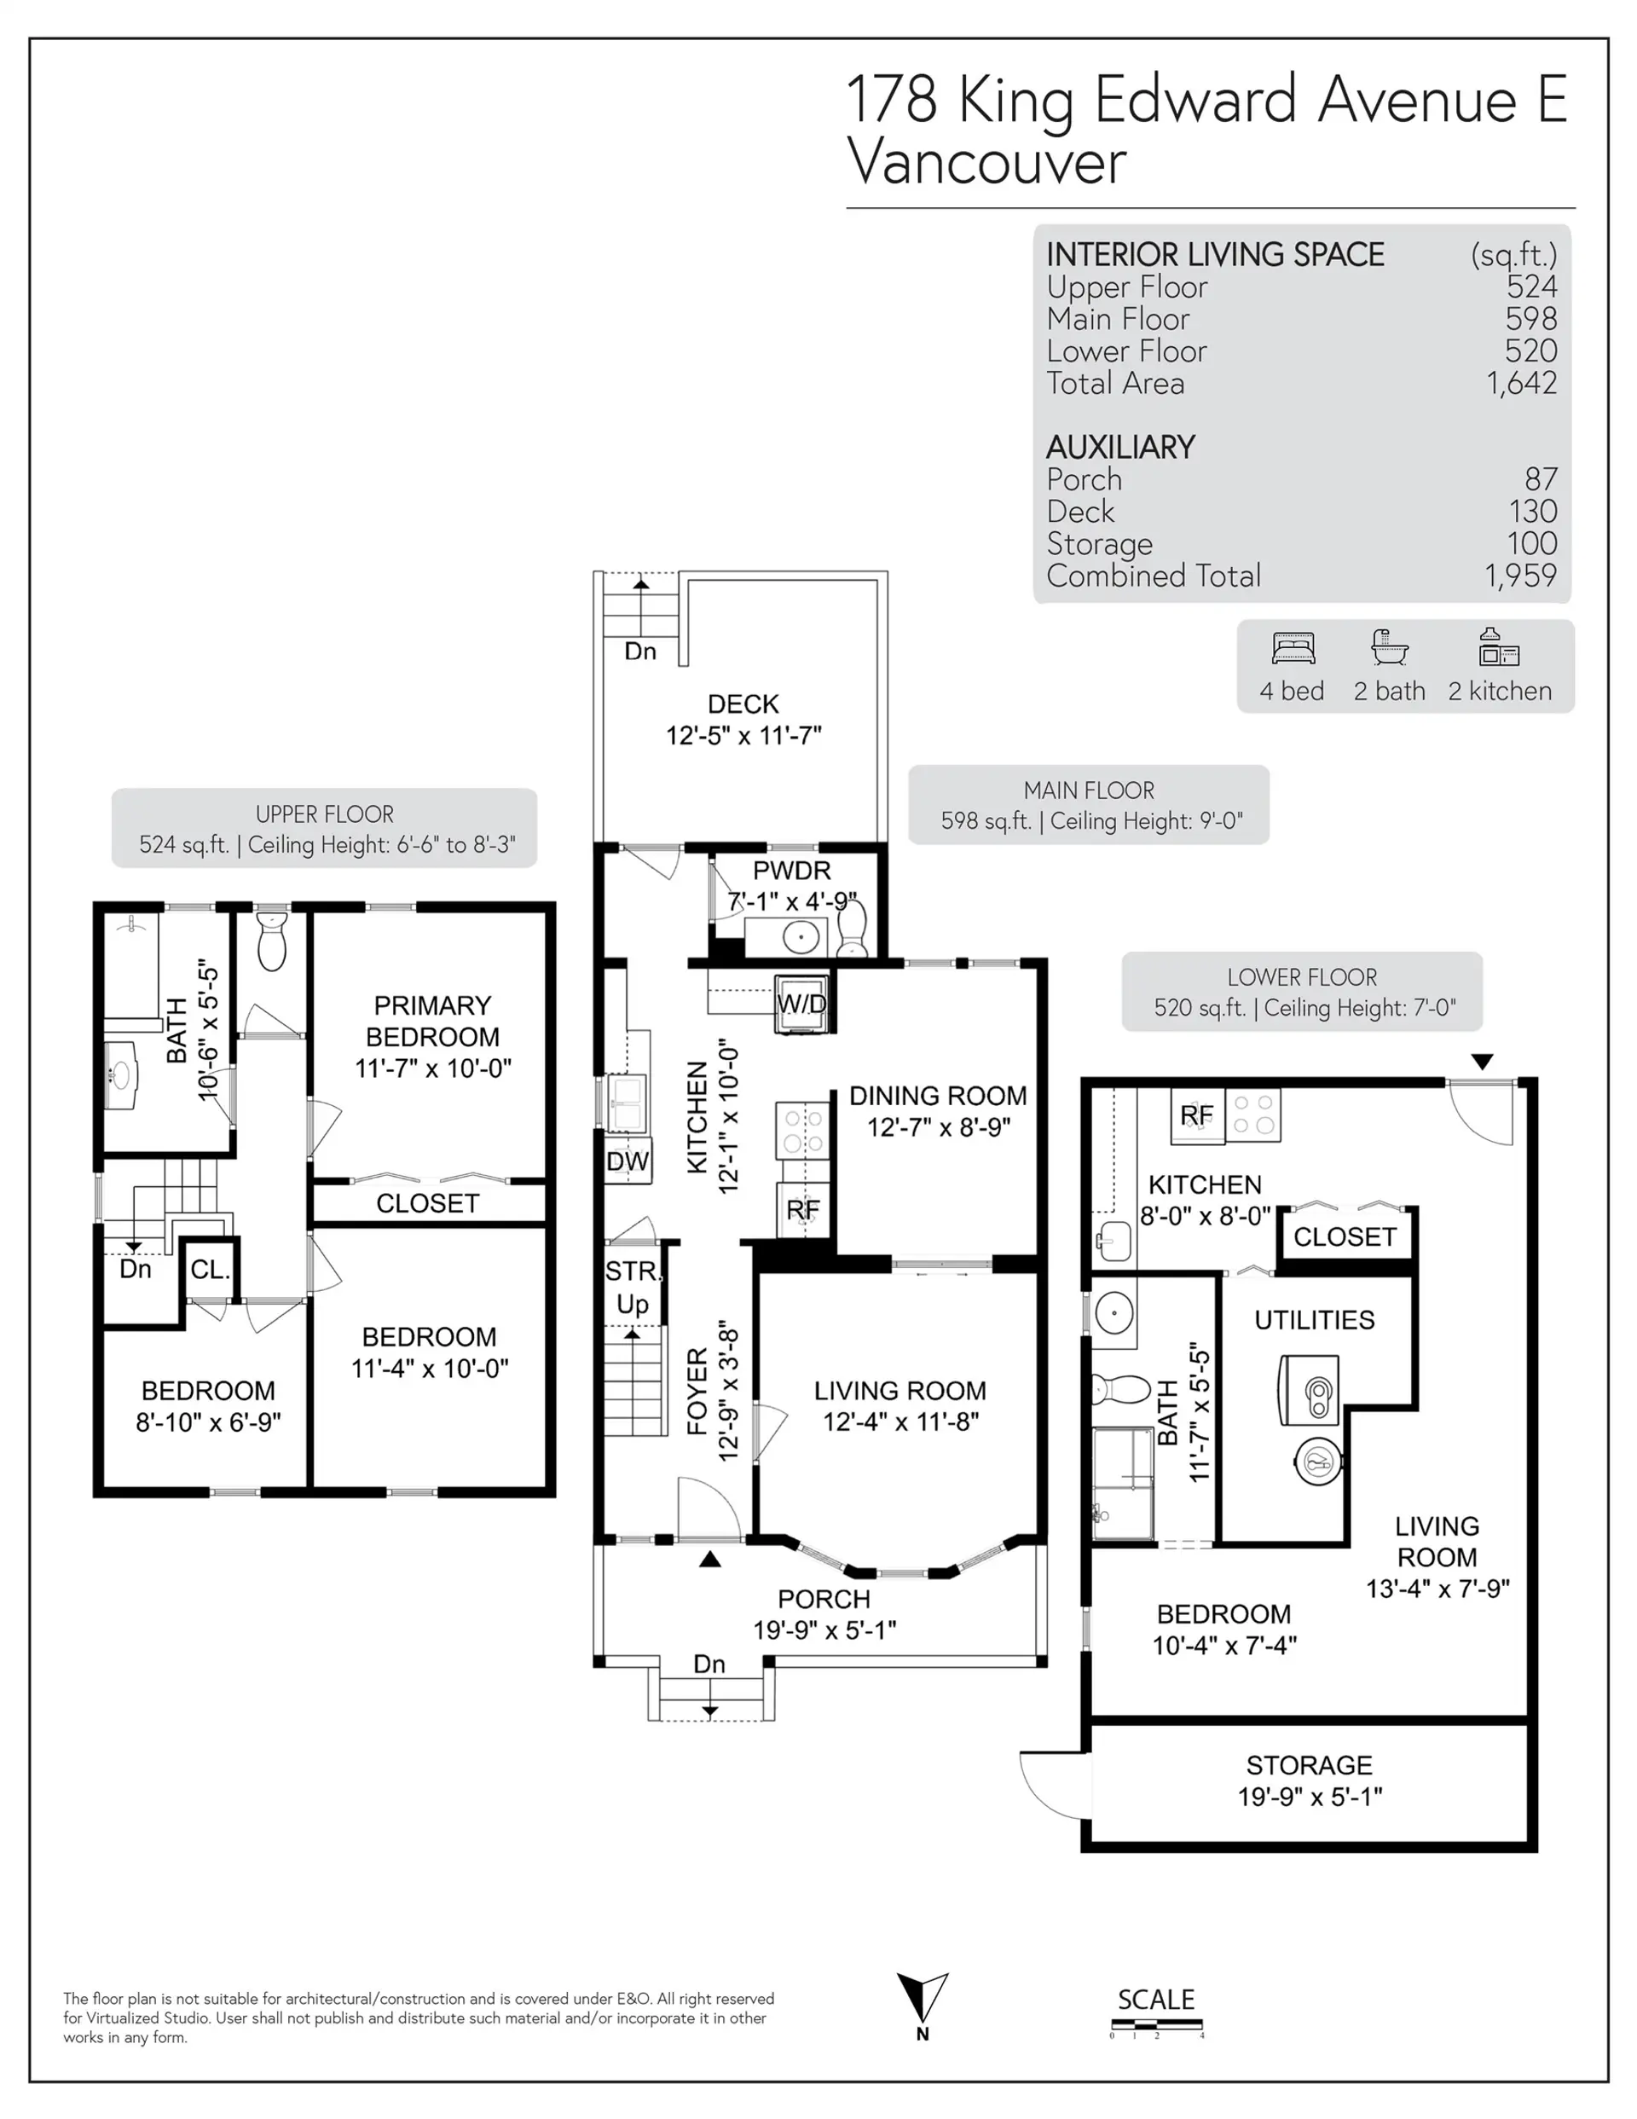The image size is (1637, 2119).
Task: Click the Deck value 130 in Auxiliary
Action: point(1532,512)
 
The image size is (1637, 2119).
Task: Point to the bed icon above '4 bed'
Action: point(1293,647)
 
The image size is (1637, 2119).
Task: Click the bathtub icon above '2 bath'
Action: point(1390,646)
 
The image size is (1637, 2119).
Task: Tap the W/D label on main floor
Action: point(801,1004)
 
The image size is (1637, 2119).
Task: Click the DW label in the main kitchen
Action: point(627,1161)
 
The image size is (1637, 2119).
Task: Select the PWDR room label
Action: point(792,871)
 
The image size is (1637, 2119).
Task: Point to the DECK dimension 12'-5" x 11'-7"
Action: point(743,735)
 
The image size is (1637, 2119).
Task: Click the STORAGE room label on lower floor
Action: point(1309,1765)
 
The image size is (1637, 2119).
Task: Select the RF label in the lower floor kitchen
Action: point(1196,1115)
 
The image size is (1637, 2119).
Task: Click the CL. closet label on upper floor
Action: point(210,1269)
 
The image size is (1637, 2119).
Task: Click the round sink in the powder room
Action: point(801,937)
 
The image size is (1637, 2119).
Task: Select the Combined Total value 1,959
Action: point(1520,576)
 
